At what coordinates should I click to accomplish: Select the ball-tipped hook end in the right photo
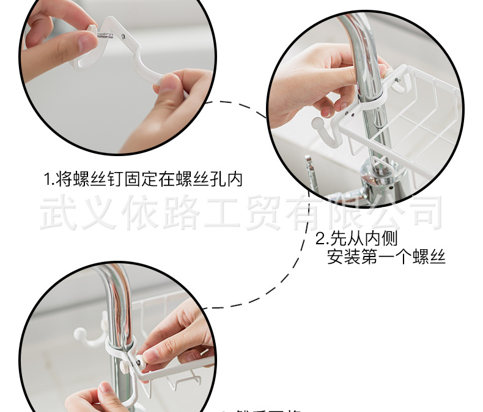(318, 125)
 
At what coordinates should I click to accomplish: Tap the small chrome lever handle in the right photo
(310, 168)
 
